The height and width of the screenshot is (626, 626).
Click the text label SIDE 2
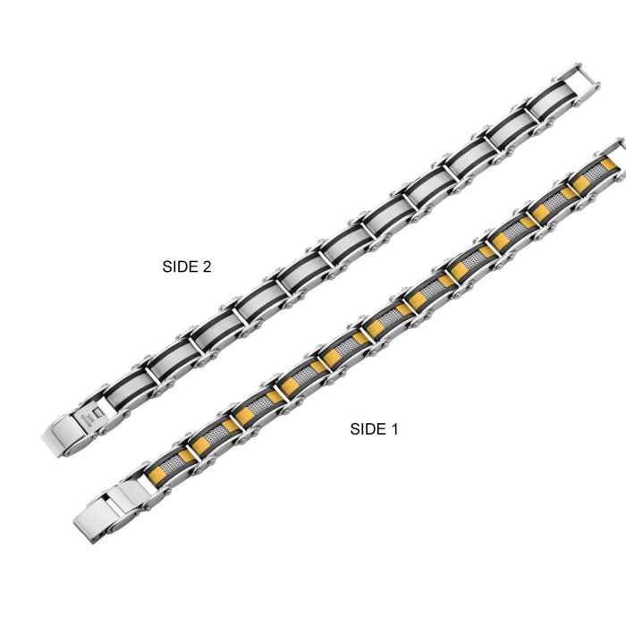(186, 266)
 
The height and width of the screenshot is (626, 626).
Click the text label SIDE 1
(374, 429)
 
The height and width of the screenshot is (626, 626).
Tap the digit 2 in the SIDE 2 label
(207, 266)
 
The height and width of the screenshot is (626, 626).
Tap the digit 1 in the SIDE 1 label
(394, 429)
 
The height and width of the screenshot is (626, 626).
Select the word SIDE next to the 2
(181, 266)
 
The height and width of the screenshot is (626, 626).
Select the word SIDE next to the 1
(368, 429)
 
